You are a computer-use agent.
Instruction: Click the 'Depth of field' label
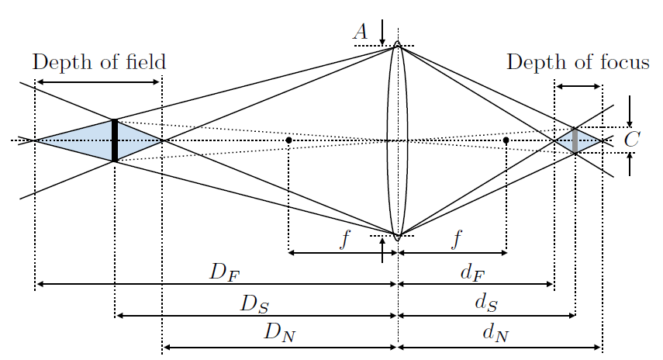pos(99,61)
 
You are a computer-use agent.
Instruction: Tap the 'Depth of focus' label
pos(578,61)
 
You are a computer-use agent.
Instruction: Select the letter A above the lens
pos(360,31)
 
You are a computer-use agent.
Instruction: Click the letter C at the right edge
pos(632,140)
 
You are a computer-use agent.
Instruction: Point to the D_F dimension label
pos(223,272)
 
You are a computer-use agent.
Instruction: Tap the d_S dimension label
pos(485,303)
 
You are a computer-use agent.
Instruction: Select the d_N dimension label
pos(496,334)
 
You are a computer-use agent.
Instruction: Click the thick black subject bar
pos(115,140)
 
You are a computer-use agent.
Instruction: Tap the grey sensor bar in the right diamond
pos(575,140)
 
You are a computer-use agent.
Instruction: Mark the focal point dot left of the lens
pos(288,140)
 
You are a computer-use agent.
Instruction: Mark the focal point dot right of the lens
pos(506,140)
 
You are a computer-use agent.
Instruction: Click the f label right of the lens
pos(457,239)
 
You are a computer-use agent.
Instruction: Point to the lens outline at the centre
pos(398,140)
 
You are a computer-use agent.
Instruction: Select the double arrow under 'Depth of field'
pos(98,81)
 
